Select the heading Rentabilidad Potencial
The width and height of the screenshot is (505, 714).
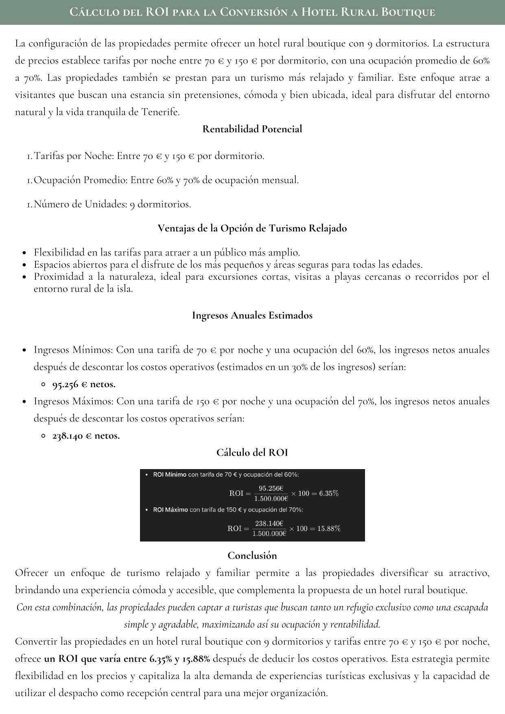tap(252, 129)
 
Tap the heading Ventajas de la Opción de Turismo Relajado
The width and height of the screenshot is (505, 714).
tap(252, 228)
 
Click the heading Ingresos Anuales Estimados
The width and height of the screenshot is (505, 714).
tap(252, 315)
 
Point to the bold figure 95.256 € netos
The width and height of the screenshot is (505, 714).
tap(84, 384)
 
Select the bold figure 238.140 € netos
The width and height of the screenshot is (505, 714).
tap(86, 436)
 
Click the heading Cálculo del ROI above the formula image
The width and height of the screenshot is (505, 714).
tap(252, 452)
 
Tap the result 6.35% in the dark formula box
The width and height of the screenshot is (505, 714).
tap(329, 493)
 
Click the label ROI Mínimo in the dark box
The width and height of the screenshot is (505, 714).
tap(170, 475)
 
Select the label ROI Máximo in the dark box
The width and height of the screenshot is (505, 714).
tap(171, 510)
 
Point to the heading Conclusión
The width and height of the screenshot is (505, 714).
tap(252, 555)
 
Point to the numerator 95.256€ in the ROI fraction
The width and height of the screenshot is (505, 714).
tap(271, 488)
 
